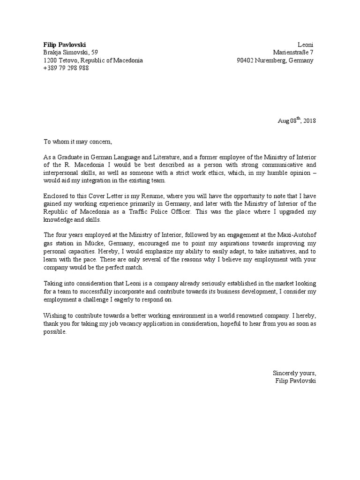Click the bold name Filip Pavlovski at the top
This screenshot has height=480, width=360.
pos(65,44)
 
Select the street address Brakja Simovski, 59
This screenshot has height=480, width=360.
pos(71,52)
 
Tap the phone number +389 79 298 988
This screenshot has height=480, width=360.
pos(66,68)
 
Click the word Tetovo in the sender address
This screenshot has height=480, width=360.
pos(68,60)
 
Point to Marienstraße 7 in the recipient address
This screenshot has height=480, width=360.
pos(295,52)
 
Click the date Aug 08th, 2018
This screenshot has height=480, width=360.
pos(297,120)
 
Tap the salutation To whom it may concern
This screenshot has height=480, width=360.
pos(78,142)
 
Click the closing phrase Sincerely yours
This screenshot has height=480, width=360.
pos(294,373)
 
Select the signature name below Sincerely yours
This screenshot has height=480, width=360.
pos(296,381)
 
